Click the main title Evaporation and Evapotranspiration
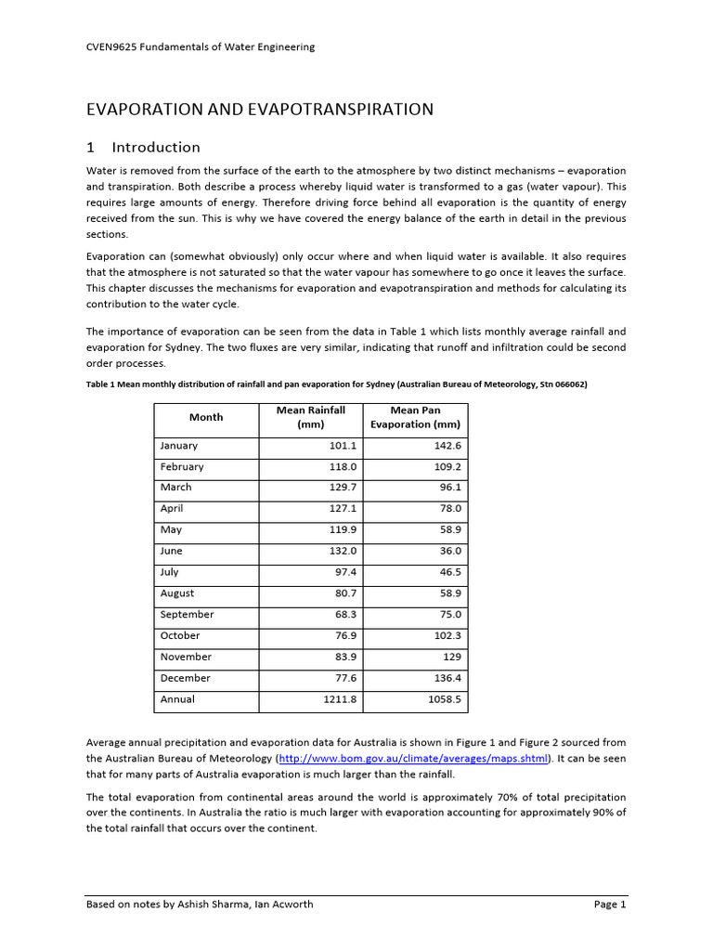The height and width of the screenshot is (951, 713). tap(259, 109)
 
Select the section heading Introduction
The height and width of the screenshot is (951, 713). tap(155, 147)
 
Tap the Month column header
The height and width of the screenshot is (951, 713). tap(205, 417)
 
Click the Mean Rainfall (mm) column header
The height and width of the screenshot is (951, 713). tap(310, 417)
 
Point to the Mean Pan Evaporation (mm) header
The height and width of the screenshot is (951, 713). tap(415, 417)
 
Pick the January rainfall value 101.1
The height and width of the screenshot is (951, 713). tap(343, 446)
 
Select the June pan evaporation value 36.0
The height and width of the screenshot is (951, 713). tap(448, 551)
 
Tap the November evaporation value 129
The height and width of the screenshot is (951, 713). tap(452, 657)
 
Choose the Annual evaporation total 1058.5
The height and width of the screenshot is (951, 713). tap(444, 699)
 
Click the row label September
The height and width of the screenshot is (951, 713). tap(187, 615)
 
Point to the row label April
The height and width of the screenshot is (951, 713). tap(172, 509)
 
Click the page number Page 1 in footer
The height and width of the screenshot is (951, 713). tap(610, 904)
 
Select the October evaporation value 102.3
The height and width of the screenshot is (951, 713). tap(446, 636)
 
